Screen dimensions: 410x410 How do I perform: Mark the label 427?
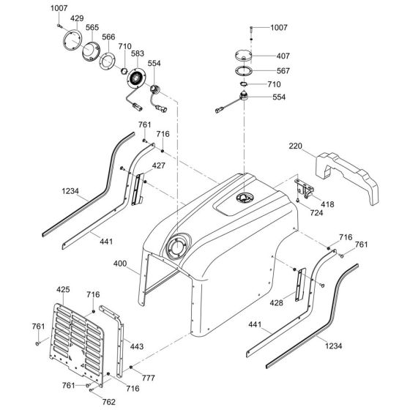(x=158, y=167)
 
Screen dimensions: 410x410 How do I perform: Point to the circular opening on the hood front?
(x=177, y=247)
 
